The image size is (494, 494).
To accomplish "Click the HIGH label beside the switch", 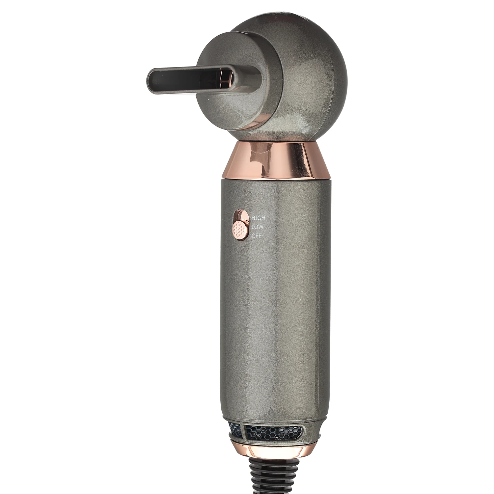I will (258, 218).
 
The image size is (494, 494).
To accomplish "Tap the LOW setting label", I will (257, 227).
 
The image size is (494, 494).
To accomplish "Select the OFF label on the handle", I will (257, 236).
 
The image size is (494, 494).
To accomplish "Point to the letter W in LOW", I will (261, 227).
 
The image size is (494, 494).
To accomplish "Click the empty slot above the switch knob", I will (240, 216).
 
